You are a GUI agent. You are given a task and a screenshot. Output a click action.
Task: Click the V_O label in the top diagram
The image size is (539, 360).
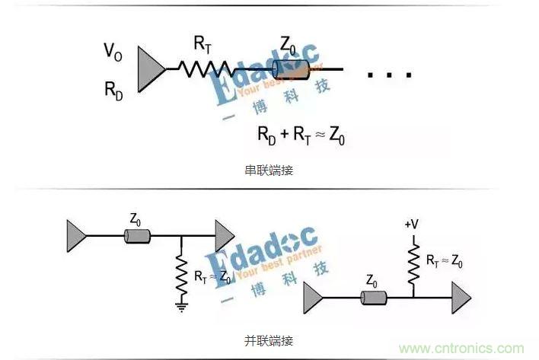pyautogui.click(x=113, y=51)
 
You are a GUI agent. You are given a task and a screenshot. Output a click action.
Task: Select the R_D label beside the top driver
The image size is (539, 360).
pyautogui.click(x=113, y=88)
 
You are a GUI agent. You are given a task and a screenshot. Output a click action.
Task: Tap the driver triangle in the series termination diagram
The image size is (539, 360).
pyautogui.click(x=150, y=69)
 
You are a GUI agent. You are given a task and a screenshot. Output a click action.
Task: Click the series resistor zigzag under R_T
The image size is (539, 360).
pyautogui.click(x=205, y=69)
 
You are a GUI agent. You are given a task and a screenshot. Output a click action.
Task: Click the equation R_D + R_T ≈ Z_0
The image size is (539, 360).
pyautogui.click(x=302, y=135)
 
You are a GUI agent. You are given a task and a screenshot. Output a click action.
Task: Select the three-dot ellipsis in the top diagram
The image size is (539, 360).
pyautogui.click(x=389, y=75)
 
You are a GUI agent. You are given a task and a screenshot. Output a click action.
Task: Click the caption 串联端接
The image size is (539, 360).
pyautogui.click(x=269, y=170)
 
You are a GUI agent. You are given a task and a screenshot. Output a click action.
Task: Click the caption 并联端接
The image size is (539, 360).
pyautogui.click(x=269, y=339)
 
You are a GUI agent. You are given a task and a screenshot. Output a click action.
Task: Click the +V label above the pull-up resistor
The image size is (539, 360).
pyautogui.click(x=412, y=225)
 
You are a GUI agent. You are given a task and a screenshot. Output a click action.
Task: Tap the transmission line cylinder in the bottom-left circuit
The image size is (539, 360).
pyautogui.click(x=137, y=237)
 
